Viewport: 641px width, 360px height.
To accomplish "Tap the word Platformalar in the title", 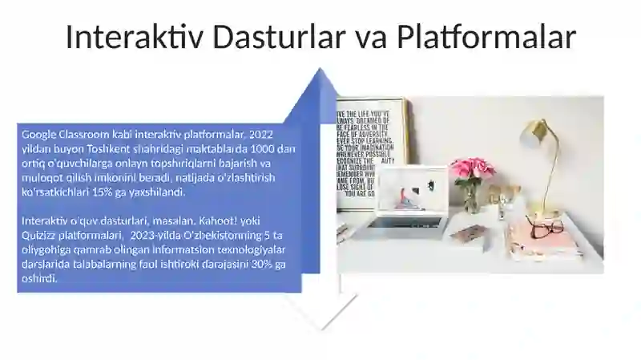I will tap(486, 38).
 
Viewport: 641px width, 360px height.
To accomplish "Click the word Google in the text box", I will tap(38, 134).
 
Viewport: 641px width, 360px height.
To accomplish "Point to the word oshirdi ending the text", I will tap(37, 280).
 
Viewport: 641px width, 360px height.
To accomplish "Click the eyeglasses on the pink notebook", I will tap(544, 227).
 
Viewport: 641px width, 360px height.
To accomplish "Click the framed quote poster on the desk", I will tap(370, 152).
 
